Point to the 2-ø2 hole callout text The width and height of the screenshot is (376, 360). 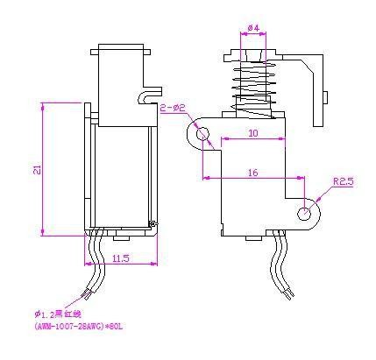174,107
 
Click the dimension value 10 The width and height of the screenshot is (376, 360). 252,133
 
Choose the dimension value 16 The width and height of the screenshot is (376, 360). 252,173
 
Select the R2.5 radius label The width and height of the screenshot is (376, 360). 343,181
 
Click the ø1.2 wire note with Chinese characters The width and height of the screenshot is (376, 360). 58,314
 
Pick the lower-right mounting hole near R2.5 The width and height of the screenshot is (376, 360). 304,212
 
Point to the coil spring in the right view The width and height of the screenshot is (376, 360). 252,88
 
